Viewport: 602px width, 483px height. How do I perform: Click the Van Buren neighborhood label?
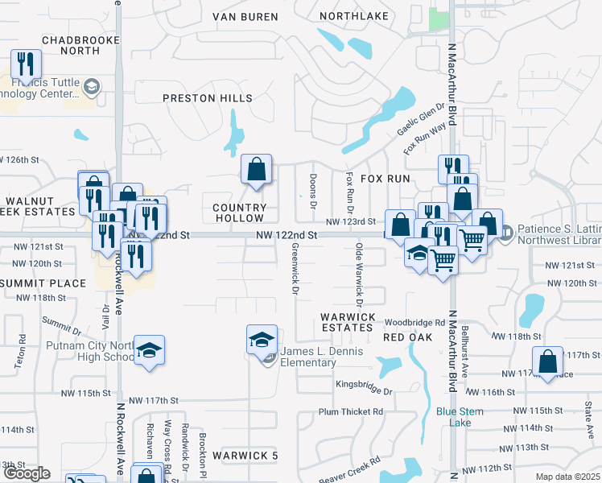pyautogui.click(x=245, y=16)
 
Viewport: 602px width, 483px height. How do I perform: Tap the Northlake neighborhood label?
pyautogui.click(x=353, y=16)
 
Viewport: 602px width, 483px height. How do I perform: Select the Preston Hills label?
pyautogui.click(x=208, y=98)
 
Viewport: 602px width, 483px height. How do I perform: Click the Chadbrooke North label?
pyautogui.click(x=70, y=45)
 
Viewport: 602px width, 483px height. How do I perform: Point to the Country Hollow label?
pyautogui.click(x=239, y=213)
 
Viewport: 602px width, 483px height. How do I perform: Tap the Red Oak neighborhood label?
pyautogui.click(x=403, y=336)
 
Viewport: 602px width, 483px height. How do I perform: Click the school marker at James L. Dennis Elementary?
pyautogui.click(x=262, y=340)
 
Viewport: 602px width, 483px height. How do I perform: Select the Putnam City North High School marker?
pyautogui.click(x=149, y=350)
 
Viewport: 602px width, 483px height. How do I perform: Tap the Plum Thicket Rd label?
pyautogui.click(x=351, y=411)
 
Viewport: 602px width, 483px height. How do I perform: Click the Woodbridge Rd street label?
pyautogui.click(x=414, y=322)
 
